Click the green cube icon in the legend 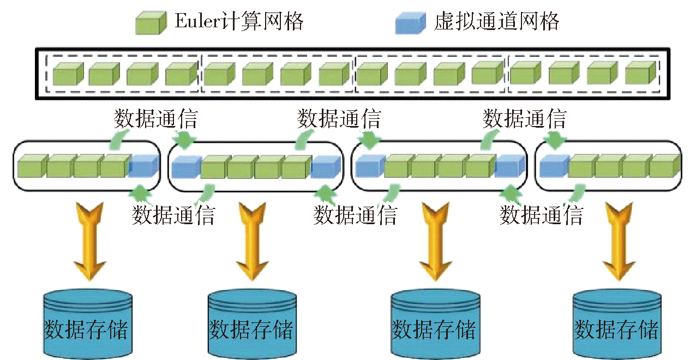tap(150, 23)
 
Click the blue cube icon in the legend tap(410, 23)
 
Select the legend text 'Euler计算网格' tap(239, 22)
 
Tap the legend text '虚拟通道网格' tap(496, 22)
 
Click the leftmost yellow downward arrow tap(90, 241)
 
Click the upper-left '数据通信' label tap(155, 118)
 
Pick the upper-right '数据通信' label tap(524, 118)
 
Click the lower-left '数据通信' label tap(173, 215)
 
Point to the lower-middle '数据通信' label tap(355, 215)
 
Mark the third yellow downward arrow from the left tap(435, 241)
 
